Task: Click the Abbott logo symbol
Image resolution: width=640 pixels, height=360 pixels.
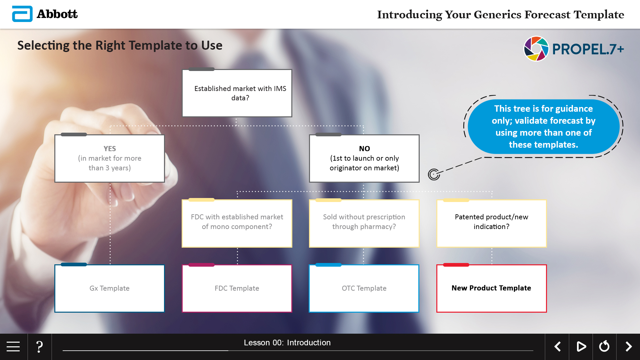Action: pyautogui.click(x=22, y=14)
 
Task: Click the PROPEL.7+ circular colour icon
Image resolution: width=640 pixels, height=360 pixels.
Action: pyautogui.click(x=536, y=49)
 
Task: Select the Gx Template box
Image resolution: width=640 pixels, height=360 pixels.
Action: pyautogui.click(x=110, y=288)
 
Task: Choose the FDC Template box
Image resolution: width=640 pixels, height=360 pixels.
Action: pyautogui.click(x=237, y=288)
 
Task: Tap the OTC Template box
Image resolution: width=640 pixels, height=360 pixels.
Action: pyautogui.click(x=364, y=288)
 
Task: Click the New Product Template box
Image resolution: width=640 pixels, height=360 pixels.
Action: pyautogui.click(x=492, y=288)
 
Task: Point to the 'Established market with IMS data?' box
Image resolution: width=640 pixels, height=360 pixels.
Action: pyautogui.click(x=237, y=93)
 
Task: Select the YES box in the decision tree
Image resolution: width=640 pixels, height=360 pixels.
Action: pyautogui.click(x=110, y=158)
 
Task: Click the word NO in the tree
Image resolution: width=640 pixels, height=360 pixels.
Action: pyautogui.click(x=364, y=149)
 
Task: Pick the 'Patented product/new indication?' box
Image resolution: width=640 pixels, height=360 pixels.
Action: pyautogui.click(x=492, y=223)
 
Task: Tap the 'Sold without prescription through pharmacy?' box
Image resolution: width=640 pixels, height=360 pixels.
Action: pyautogui.click(x=364, y=223)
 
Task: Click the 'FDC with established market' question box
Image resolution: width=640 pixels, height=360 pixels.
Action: pyautogui.click(x=237, y=223)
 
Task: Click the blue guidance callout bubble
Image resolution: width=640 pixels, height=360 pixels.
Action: pyautogui.click(x=544, y=127)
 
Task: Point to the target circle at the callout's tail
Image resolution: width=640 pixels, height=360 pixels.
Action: pyautogui.click(x=434, y=174)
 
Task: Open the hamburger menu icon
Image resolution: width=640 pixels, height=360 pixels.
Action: pyautogui.click(x=13, y=347)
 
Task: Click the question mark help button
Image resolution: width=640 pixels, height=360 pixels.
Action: pyautogui.click(x=39, y=347)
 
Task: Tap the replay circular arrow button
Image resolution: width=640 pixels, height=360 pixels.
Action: pyautogui.click(x=604, y=347)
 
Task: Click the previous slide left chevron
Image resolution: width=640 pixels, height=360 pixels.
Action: pyautogui.click(x=557, y=347)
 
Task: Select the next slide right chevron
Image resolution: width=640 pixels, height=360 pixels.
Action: pyautogui.click(x=629, y=347)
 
